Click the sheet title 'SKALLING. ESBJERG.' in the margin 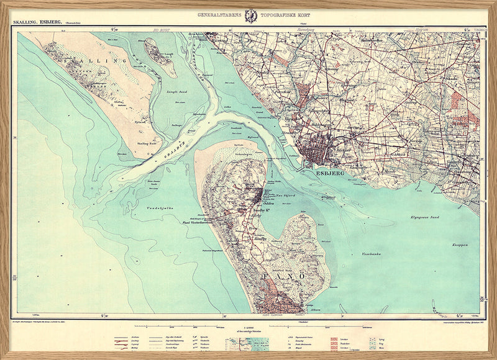pos(36,22)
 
